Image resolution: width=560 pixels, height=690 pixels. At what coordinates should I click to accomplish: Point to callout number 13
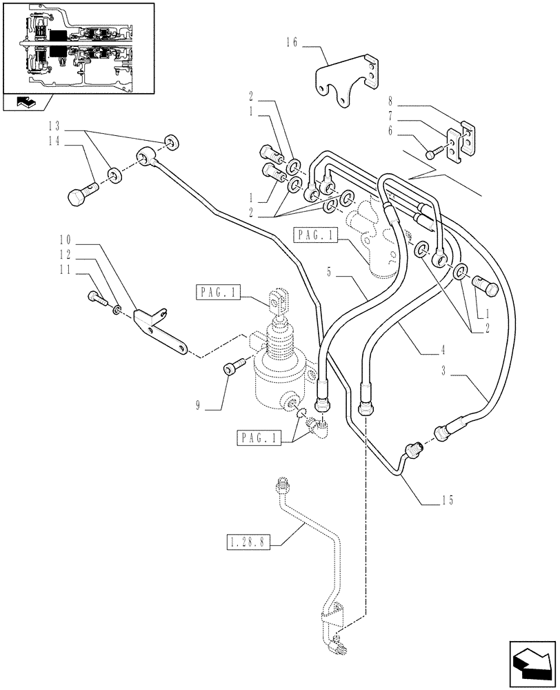point(54,126)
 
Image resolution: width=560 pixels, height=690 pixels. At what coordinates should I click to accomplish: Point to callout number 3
point(446,373)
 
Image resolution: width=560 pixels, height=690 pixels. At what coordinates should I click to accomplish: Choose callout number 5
point(330,273)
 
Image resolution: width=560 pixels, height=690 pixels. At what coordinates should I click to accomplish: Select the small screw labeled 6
point(431,155)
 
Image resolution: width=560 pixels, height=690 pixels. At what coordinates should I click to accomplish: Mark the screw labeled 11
point(96,297)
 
